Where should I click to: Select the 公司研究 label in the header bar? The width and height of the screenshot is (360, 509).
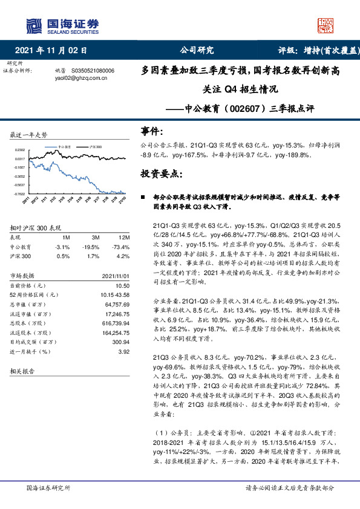(197, 50)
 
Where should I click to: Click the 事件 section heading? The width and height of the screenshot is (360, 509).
(152, 131)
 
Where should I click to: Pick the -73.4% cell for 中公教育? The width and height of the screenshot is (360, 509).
(120, 247)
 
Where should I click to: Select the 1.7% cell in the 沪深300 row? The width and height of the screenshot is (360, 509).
(93, 256)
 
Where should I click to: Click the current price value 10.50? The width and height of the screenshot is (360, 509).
(122, 285)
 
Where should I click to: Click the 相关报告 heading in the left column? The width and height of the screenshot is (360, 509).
(22, 372)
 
